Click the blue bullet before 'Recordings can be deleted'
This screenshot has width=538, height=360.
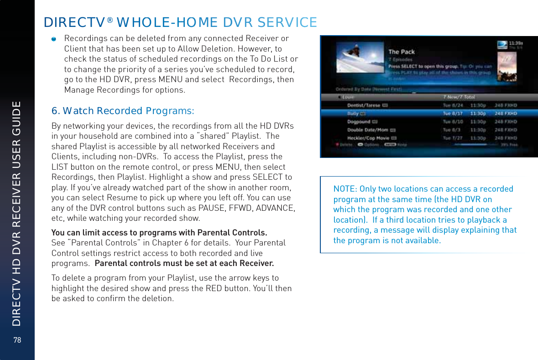54,39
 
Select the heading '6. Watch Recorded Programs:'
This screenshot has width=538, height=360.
123,111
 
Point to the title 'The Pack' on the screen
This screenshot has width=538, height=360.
402,52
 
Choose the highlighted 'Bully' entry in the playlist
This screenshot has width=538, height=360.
353,113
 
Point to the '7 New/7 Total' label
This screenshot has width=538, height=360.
459,97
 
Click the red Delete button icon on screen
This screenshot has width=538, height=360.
338,144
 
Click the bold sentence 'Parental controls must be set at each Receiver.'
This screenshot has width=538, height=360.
184,263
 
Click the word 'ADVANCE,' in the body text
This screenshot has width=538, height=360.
277,208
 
